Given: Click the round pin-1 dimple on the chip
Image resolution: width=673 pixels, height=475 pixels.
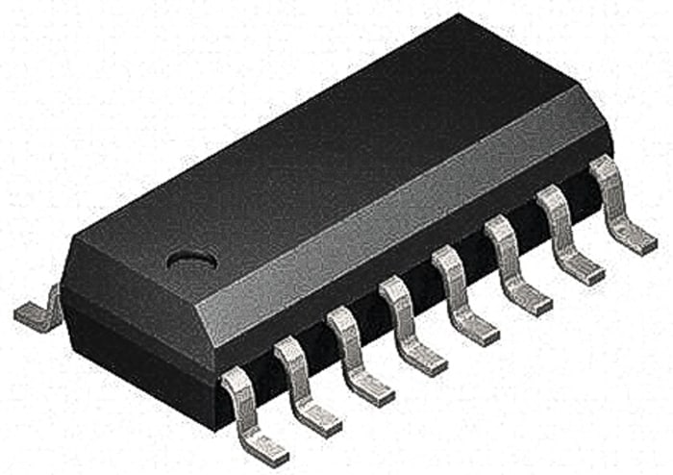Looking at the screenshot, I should tap(191, 260).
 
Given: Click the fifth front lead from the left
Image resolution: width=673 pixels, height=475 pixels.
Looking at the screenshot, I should tap(461, 294).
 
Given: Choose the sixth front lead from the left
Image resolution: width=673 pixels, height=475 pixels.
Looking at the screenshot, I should tap(513, 264).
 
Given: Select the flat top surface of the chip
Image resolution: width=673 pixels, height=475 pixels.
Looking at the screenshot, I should tap(317, 163).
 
